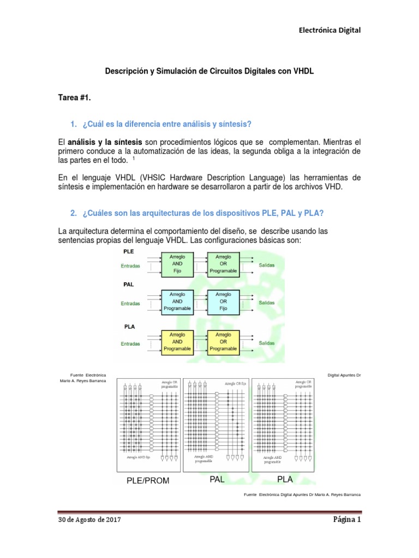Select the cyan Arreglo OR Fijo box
[x=223, y=300]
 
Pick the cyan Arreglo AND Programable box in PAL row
[x=177, y=300]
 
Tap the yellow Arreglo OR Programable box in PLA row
[x=223, y=342]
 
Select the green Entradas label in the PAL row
[x=130, y=304]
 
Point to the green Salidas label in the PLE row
[x=267, y=265]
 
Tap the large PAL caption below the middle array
[x=217, y=479]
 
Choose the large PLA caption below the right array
[x=285, y=479]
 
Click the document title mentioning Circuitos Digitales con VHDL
[x=209, y=71]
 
